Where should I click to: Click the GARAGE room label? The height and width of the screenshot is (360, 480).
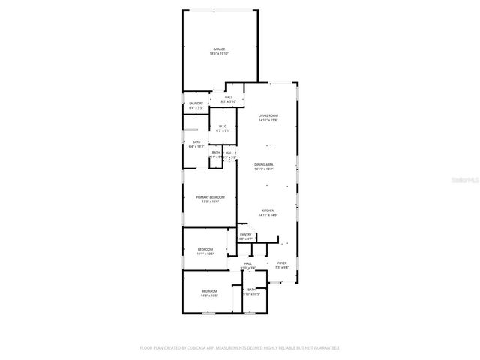(219, 49)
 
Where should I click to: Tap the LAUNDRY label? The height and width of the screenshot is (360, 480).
(196, 103)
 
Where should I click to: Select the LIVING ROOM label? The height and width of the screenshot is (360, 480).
(268, 115)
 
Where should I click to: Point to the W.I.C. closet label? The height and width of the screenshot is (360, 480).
(222, 127)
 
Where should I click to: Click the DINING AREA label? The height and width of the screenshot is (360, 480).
(263, 165)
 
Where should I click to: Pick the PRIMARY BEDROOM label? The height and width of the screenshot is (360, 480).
(210, 196)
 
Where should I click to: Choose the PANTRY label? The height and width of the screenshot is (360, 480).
(245, 234)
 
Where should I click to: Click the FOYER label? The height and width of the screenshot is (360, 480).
(281, 263)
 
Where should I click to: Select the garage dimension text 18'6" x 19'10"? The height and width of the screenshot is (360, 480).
(219, 54)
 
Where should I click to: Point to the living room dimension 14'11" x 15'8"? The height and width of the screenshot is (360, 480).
(268, 120)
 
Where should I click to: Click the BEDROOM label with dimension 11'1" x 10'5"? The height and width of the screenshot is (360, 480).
(205, 249)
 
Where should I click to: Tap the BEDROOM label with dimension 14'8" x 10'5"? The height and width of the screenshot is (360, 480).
(208, 291)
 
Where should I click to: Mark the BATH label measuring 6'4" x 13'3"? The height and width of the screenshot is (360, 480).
(196, 142)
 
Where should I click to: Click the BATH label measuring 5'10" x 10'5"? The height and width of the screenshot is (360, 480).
(252, 289)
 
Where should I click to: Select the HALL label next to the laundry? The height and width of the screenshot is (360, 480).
(228, 97)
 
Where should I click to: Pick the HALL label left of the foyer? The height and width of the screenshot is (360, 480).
(248, 263)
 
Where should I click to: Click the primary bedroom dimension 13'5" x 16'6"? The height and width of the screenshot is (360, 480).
(210, 201)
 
